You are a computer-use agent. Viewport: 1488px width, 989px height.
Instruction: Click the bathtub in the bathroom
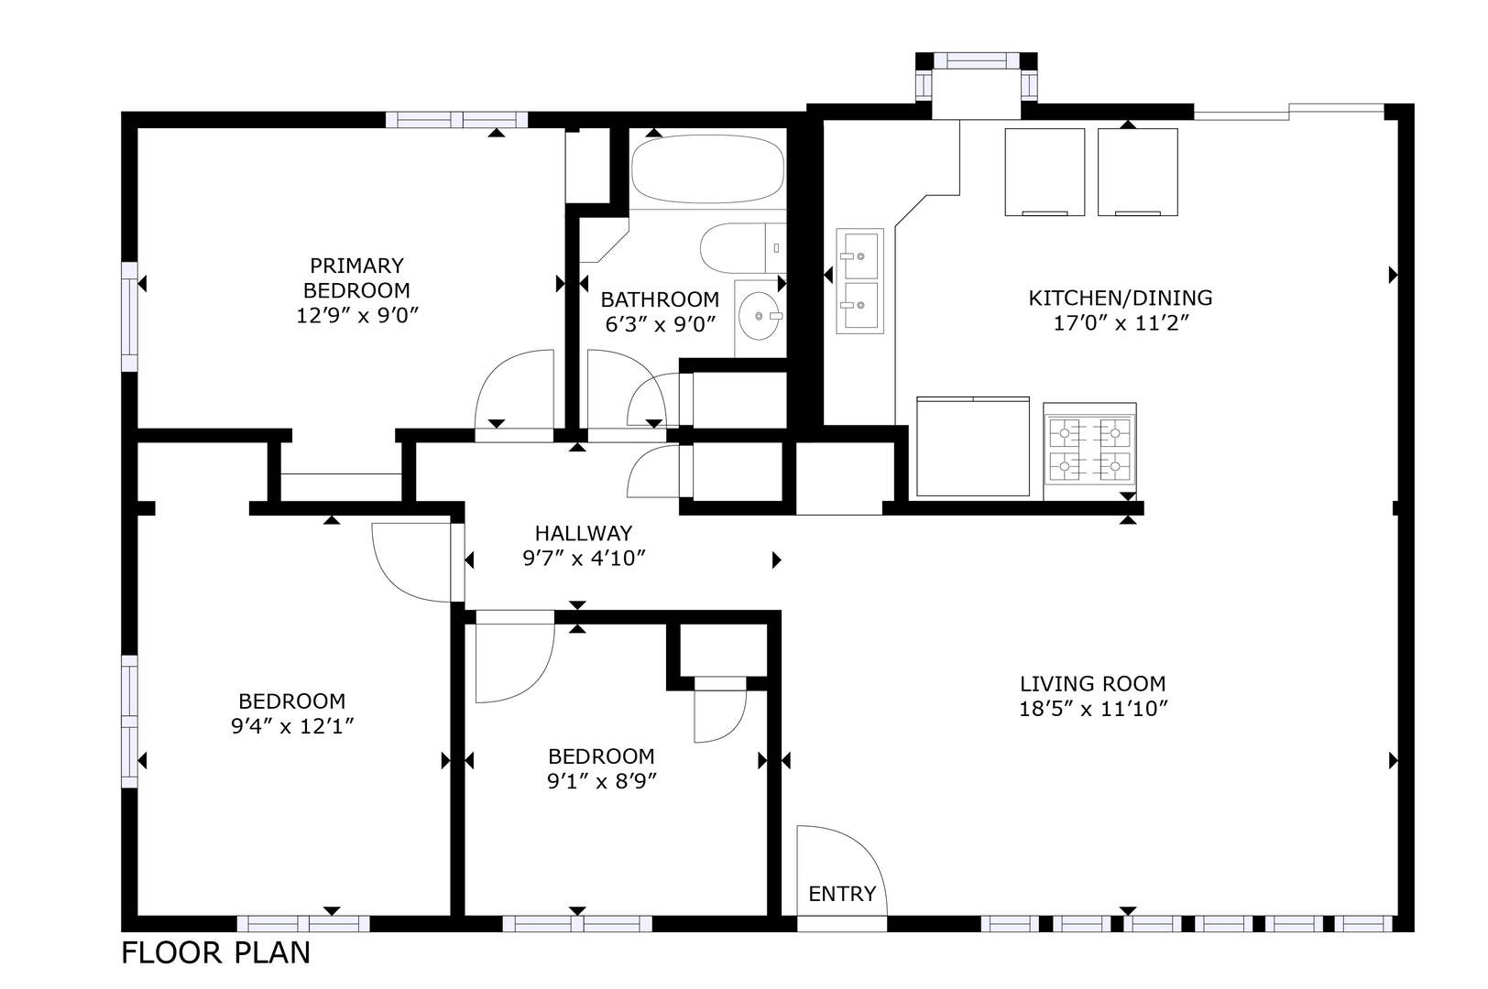tap(707, 169)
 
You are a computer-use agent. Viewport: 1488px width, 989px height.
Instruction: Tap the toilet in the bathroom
tap(743, 248)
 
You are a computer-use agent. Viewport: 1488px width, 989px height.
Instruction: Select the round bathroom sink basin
tap(759, 316)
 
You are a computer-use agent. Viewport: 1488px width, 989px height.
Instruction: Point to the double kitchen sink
tap(859, 281)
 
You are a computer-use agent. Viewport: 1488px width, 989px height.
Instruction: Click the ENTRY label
tap(842, 894)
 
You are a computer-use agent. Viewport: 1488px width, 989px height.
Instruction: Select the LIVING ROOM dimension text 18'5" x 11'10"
tap(1093, 709)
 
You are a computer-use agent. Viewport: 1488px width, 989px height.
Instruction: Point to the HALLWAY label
tap(584, 533)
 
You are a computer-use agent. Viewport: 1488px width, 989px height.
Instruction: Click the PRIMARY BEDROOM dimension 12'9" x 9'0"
tap(356, 315)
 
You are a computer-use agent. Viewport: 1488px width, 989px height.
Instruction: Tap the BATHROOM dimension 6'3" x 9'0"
tap(660, 324)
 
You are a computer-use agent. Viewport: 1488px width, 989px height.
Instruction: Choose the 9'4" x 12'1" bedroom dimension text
tap(291, 726)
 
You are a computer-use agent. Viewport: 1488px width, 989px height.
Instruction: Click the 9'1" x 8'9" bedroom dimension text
tap(601, 781)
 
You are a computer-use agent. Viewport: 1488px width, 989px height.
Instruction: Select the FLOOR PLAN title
tap(216, 953)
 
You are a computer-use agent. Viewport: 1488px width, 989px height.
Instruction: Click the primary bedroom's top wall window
tap(456, 120)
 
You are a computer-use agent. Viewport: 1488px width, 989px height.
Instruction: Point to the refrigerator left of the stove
tap(972, 447)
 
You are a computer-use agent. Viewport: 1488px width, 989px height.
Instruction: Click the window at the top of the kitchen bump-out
tap(977, 61)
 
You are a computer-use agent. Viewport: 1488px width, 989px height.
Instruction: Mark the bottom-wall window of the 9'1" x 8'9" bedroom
tap(577, 924)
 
